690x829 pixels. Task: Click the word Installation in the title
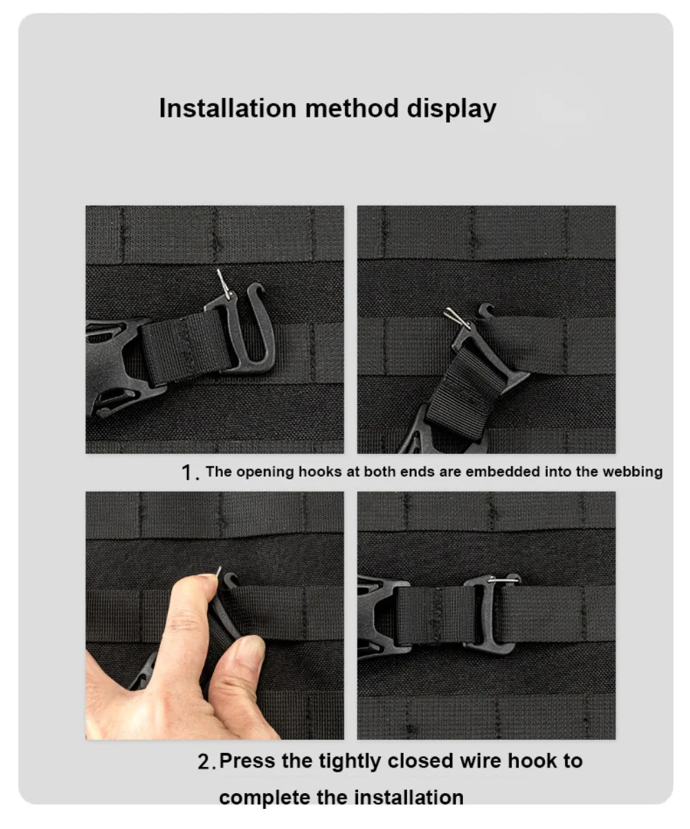[228, 108]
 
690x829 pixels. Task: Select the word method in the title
[352, 108]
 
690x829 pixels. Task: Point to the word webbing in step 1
[633, 472]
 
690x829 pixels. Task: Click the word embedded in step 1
[502, 471]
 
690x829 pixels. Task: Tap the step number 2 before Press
[205, 762]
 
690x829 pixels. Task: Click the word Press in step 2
[247, 761]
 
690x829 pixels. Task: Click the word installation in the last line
[409, 798]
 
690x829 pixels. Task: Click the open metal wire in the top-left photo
[224, 284]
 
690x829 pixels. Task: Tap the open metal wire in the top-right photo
[457, 318]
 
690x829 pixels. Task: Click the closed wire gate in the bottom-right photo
[503, 580]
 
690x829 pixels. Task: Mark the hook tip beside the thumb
[230, 580]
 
